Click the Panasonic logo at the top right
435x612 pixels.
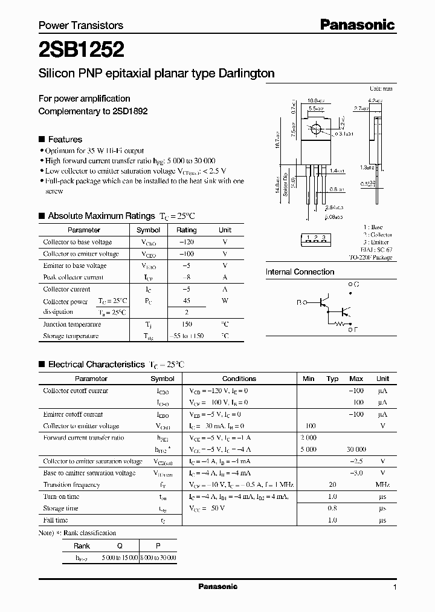click(357, 25)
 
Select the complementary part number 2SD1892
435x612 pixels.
click(127, 111)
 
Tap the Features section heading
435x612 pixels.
click(65, 138)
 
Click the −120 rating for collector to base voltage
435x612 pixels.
click(186, 242)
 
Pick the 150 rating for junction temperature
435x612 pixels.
click(186, 324)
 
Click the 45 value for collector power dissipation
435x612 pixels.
click(186, 301)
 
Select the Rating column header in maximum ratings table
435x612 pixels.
click(186, 230)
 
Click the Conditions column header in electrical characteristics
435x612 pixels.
click(239, 379)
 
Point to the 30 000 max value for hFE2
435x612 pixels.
click(356, 449)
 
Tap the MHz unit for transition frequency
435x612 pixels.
click(382, 484)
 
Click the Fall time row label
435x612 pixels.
click(56, 520)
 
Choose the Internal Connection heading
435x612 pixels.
click(300, 272)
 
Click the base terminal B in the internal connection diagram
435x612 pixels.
click(299, 301)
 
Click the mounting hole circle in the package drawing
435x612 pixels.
click(314, 129)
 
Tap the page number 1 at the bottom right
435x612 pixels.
click(395, 587)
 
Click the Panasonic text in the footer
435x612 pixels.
click(217, 587)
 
